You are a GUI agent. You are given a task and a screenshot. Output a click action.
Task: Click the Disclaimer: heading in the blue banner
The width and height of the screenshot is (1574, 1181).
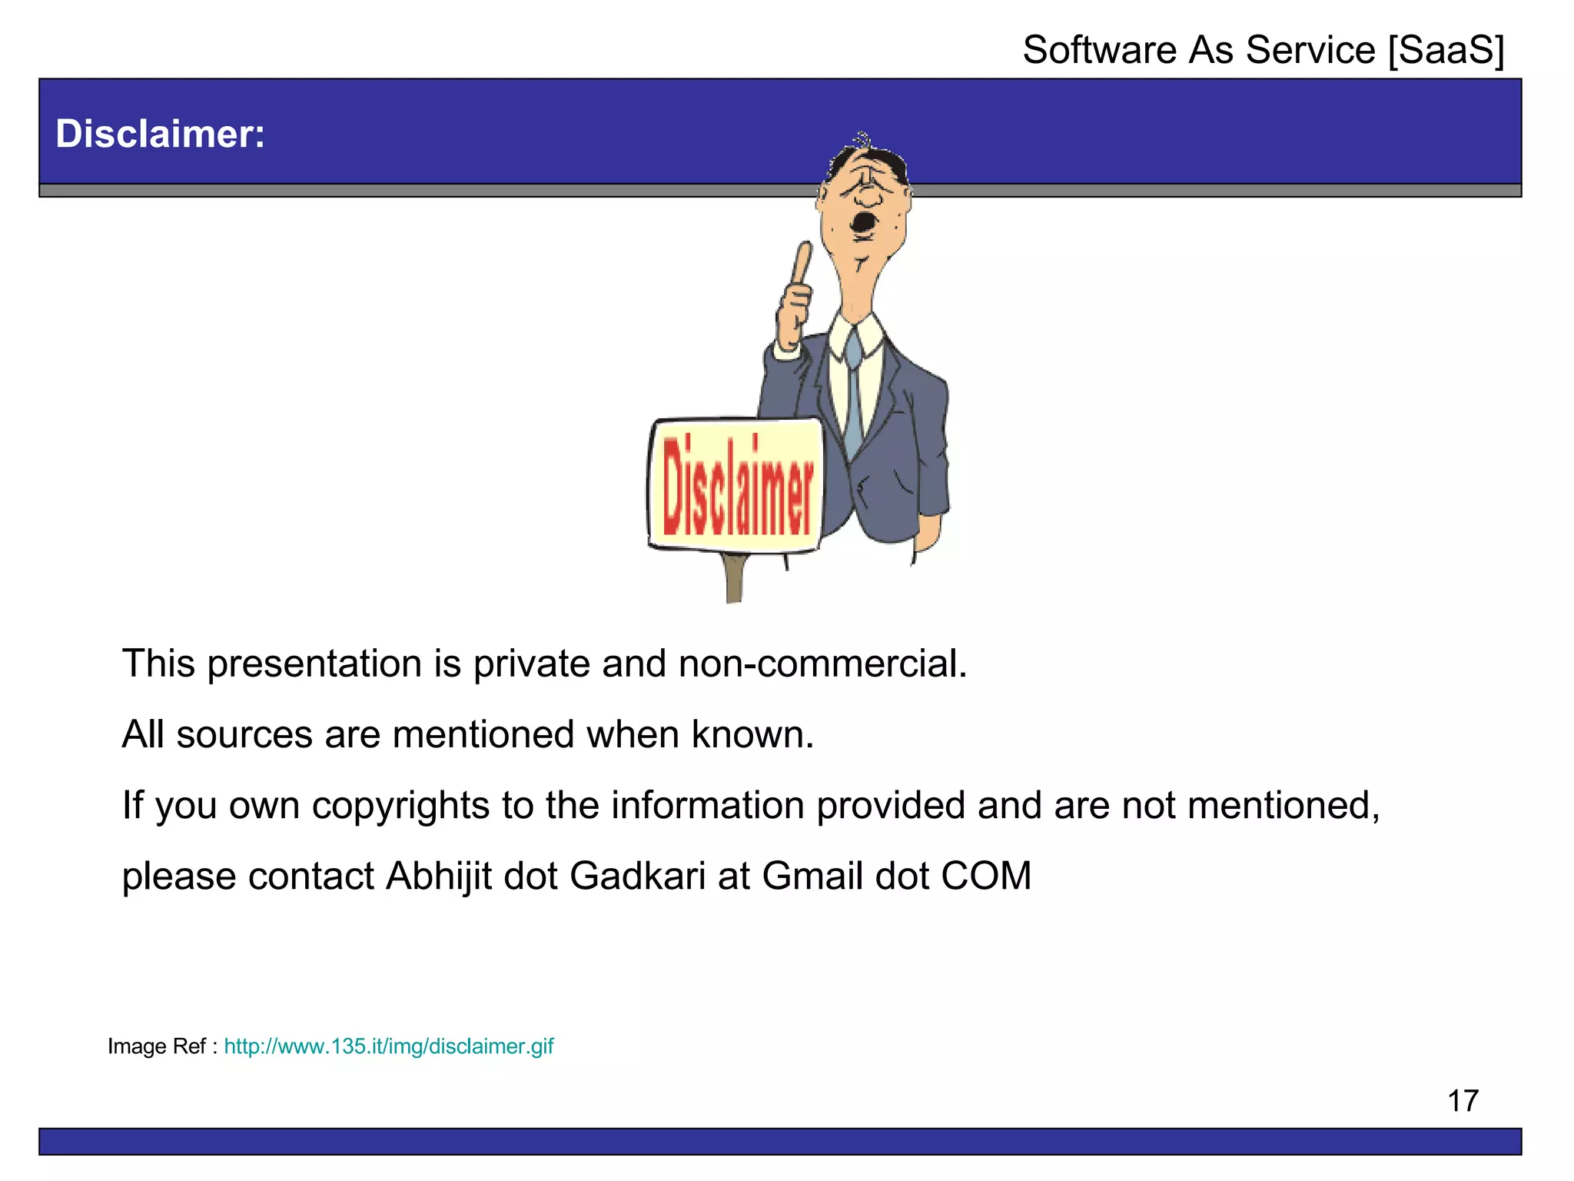tap(160, 134)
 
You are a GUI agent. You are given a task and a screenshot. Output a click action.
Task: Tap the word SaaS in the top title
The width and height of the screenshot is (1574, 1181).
tap(1446, 50)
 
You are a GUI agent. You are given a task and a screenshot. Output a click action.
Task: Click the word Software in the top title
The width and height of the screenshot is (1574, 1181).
tap(1100, 50)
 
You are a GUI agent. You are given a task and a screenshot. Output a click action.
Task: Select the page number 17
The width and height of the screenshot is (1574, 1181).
tap(1463, 1101)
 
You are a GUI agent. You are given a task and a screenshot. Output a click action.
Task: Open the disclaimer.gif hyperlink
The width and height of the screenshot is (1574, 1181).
tap(388, 1046)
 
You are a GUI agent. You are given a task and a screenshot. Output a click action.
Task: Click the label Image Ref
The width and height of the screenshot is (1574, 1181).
tap(157, 1046)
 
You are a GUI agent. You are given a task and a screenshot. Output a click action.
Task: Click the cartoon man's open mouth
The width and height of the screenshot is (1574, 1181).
tap(864, 223)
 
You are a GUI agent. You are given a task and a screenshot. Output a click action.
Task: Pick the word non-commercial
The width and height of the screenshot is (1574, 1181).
tap(822, 664)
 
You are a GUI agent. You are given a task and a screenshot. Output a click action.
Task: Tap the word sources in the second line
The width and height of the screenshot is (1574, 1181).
tap(244, 734)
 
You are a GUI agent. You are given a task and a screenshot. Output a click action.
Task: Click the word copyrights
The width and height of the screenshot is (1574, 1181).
tap(400, 806)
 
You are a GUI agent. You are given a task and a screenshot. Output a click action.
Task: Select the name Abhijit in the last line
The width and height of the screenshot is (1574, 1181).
tap(438, 877)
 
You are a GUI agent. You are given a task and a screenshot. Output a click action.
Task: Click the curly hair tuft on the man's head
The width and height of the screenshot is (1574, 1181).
tap(863, 140)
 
